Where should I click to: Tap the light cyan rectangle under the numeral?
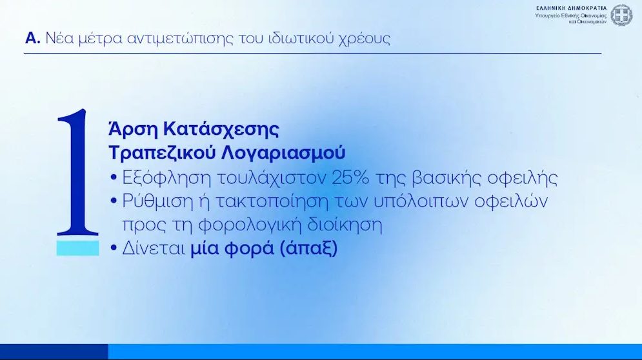coord(78,248)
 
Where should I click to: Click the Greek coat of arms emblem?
coord(621,15)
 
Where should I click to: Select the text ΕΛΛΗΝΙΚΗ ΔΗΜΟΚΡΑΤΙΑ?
coord(571,8)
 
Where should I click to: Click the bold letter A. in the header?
coord(33,38)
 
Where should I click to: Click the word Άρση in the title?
coord(133,130)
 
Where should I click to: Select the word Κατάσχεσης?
coord(221,130)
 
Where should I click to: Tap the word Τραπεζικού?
coord(162,153)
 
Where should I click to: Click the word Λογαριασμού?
coord(283,153)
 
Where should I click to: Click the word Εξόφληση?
coord(166,178)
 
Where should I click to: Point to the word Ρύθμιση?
coord(164,201)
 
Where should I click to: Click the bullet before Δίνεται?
coord(114,248)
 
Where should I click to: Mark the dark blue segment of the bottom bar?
coord(54,352)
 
